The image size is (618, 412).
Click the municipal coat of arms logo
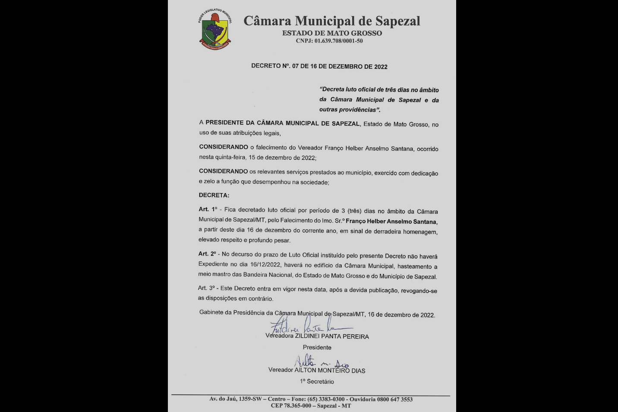tap(215, 29)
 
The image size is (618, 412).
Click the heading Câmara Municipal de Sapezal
tap(331, 21)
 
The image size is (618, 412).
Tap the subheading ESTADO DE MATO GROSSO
tap(332, 33)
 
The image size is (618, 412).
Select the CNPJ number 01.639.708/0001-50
tap(338, 41)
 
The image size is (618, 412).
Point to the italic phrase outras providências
tap(348, 110)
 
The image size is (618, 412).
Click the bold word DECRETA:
tap(214, 195)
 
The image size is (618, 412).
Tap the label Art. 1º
tap(208, 209)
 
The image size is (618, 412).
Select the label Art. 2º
tap(208, 254)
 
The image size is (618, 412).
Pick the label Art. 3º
tap(208, 288)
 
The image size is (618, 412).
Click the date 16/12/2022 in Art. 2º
tap(265, 265)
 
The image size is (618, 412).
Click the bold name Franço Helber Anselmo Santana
tap(391, 222)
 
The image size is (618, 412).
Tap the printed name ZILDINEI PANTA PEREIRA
tap(331, 336)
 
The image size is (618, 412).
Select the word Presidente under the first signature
tap(317, 347)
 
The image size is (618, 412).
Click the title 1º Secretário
tap(317, 381)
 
